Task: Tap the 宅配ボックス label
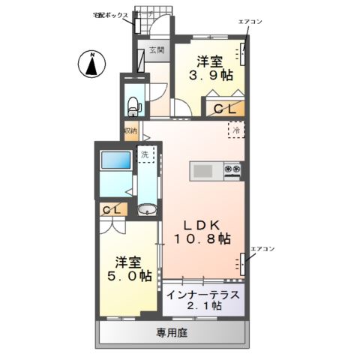click(x=110, y=15)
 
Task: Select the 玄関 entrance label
click(x=156, y=51)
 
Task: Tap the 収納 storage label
click(x=131, y=130)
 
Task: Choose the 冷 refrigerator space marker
click(x=235, y=130)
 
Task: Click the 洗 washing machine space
click(x=145, y=155)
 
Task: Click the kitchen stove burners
click(x=232, y=171)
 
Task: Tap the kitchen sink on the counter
click(x=203, y=171)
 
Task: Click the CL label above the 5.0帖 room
click(x=112, y=210)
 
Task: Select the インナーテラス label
click(x=203, y=293)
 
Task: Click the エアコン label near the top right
click(x=249, y=22)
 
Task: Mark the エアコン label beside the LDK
click(x=262, y=248)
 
